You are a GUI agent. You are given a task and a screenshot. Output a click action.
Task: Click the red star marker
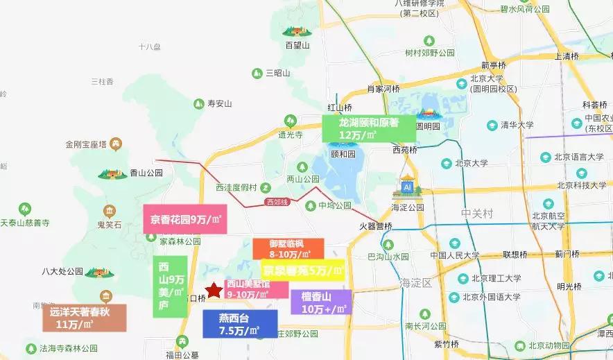pos(214,290)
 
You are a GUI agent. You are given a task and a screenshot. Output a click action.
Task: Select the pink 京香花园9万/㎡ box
pos(185,219)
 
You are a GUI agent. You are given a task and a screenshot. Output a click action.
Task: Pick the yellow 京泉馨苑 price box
pos(303,270)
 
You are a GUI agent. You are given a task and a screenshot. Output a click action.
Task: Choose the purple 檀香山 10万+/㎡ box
pos(321,302)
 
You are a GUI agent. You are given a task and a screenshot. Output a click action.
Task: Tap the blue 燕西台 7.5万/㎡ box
pos(240,324)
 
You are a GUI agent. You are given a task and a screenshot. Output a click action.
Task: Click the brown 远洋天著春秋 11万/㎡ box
pos(84,318)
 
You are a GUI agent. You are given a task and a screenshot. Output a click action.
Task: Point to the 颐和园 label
pos(343,154)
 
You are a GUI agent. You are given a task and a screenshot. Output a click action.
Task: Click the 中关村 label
pos(476,214)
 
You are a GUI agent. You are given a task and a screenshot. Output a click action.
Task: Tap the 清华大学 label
pos(517,125)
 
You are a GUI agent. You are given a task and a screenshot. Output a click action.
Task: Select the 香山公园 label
pos(146,173)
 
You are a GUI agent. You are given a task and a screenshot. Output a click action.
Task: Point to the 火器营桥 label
pos(376,226)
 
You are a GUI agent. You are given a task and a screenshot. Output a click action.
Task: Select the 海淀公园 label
pos(406,207)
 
